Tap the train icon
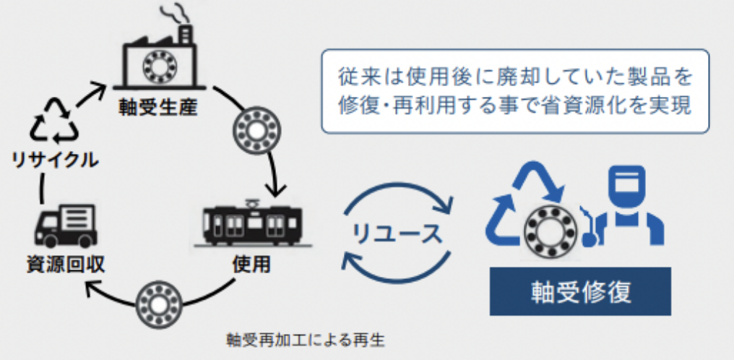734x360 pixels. tap(250, 221)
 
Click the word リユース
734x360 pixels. tap(397, 233)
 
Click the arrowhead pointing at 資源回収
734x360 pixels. tap(90, 288)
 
